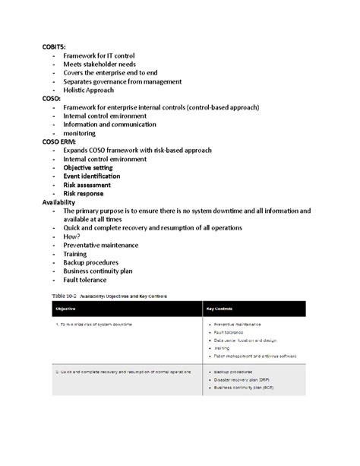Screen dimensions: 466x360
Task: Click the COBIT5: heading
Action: pos(55,47)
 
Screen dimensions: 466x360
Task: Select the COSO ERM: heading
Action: pos(62,141)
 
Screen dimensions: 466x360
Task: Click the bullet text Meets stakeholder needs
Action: pos(99,64)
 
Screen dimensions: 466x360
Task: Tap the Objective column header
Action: pos(65,309)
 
